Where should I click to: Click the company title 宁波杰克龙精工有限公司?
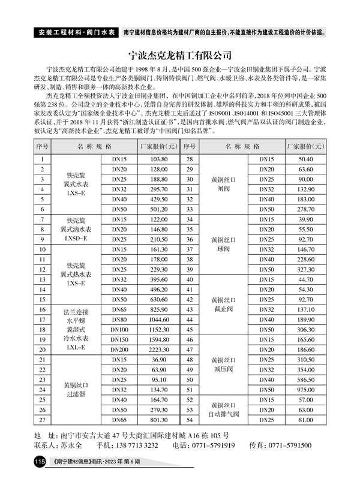tap(180, 56)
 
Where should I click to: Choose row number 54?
tap(190, 420)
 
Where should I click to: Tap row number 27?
tap(42, 420)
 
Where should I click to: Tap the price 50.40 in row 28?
tap(306, 159)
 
